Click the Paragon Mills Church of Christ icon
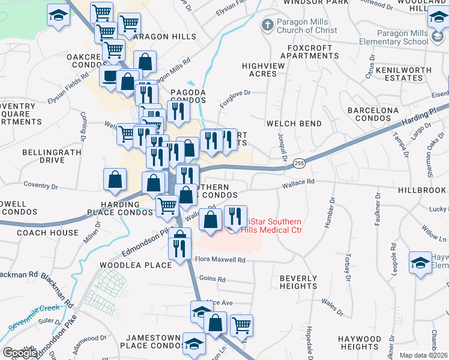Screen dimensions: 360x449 (267, 26)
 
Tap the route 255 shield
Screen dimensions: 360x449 (299, 163)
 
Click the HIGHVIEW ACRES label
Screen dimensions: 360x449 (259, 70)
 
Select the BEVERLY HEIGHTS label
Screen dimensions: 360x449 (298, 283)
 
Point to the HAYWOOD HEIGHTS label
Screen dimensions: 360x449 (360, 343)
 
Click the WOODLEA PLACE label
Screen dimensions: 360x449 (127, 265)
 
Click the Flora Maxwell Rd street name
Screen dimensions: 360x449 (221, 260)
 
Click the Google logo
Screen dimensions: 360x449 (19, 353)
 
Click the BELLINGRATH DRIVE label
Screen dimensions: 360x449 (43, 157)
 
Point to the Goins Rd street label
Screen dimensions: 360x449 (212, 279)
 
